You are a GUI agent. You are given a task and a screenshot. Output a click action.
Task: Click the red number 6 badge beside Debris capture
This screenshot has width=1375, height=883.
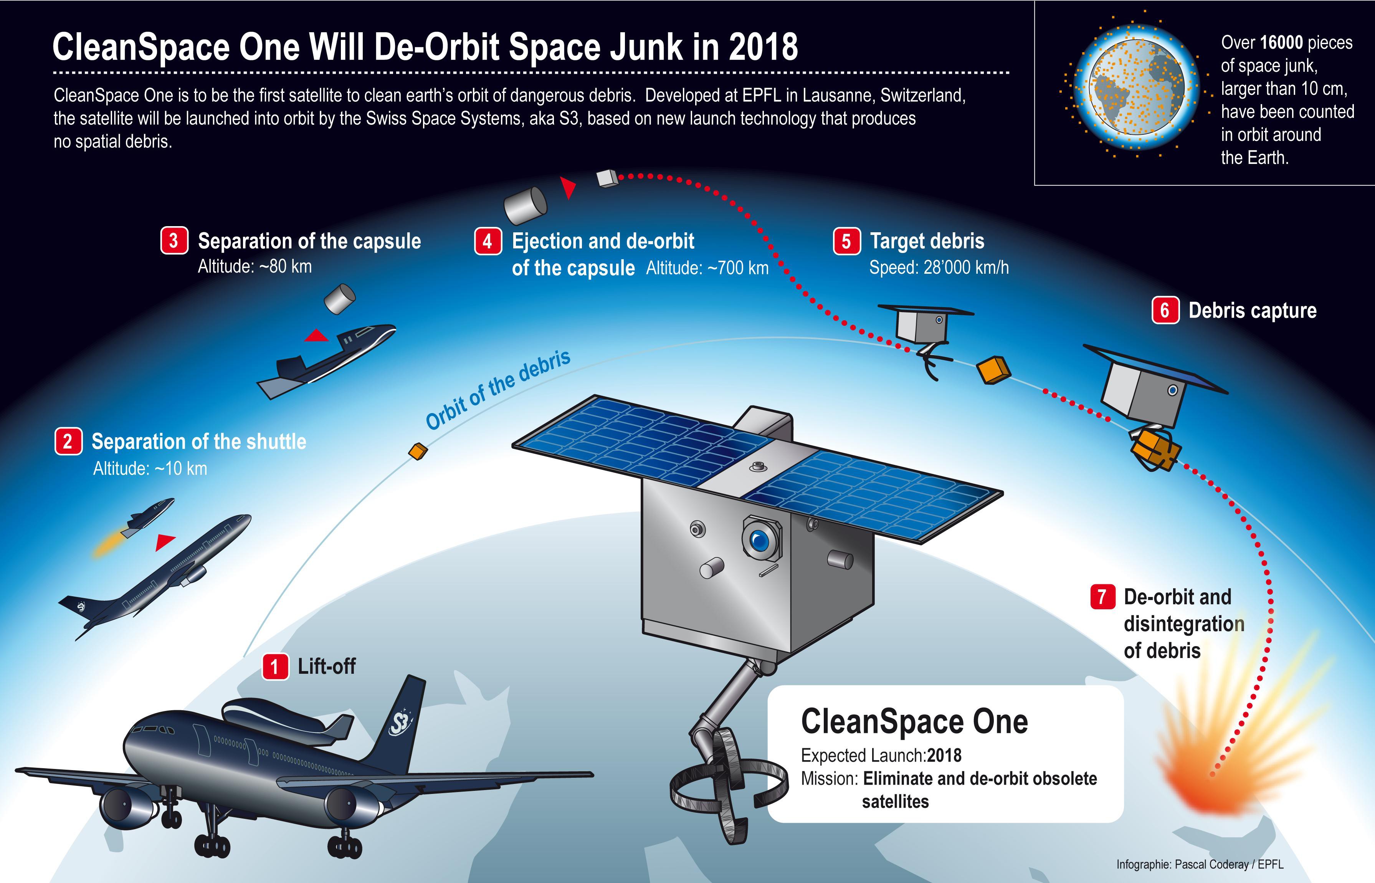(x=1165, y=310)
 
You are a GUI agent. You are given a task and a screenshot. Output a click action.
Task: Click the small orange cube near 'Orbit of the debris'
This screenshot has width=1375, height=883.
(x=418, y=451)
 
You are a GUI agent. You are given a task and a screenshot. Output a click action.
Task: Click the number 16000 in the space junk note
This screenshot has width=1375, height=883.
(x=1282, y=43)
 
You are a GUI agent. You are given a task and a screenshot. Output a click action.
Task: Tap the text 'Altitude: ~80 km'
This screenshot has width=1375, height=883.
(x=255, y=266)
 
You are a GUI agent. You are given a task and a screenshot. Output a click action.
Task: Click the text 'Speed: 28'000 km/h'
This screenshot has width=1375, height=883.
(x=939, y=268)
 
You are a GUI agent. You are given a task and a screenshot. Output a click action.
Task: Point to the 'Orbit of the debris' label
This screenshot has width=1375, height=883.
(x=499, y=389)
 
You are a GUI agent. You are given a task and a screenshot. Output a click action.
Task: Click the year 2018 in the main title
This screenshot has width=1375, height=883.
(x=764, y=46)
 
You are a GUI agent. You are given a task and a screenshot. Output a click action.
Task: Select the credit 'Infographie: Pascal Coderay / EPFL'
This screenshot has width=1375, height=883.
(x=1200, y=864)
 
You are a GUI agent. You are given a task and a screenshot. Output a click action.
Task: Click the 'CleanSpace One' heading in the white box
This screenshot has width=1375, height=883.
(x=914, y=722)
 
